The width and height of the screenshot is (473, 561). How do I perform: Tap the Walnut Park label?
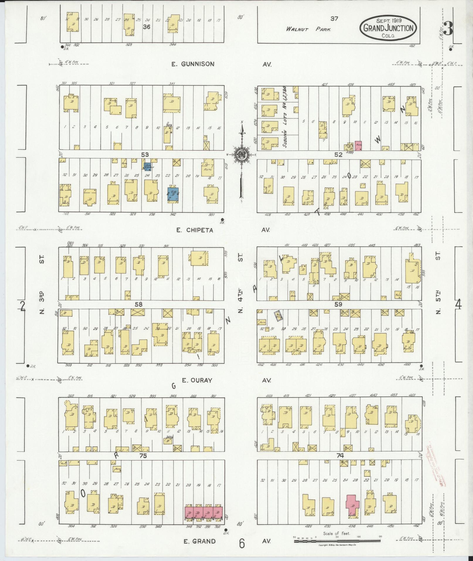tap(309, 29)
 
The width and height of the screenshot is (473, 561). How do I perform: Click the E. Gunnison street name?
tap(193, 64)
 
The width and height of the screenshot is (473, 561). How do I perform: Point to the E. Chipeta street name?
tap(195, 230)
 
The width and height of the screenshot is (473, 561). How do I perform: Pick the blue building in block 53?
tap(173, 194)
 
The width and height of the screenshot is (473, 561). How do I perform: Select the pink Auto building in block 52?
tap(358, 145)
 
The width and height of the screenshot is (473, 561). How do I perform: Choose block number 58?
tap(138, 305)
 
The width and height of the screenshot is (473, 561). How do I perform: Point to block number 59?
tap(338, 304)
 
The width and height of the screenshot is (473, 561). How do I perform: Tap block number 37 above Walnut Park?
tap(334, 18)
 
